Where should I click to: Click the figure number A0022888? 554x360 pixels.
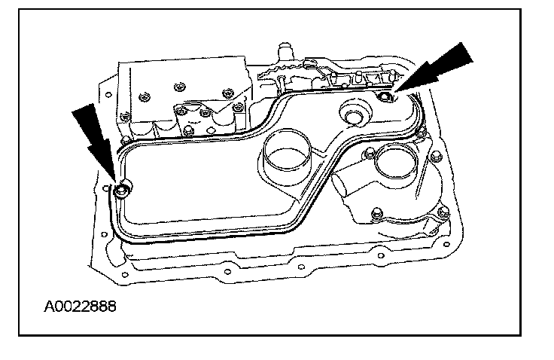click(x=80, y=307)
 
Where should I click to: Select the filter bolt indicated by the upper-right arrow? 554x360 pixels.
click(x=385, y=96)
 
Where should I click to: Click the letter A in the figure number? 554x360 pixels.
click(x=50, y=307)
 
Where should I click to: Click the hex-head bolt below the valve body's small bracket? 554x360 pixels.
click(x=205, y=113)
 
